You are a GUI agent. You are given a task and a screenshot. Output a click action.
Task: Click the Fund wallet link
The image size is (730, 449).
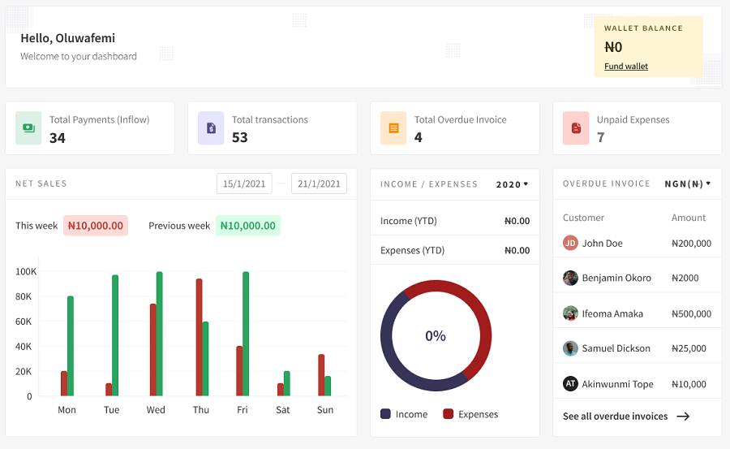625,67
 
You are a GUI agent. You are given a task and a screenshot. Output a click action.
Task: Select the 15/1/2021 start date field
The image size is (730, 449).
244,183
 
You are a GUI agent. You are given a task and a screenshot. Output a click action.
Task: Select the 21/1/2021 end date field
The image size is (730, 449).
319,183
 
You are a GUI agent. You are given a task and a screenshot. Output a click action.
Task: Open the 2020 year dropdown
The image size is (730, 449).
512,184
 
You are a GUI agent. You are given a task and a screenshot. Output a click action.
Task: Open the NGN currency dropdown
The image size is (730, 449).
687,183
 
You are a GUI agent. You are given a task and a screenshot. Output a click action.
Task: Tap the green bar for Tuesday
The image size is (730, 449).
115,335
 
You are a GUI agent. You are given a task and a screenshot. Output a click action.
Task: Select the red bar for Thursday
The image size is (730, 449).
199,337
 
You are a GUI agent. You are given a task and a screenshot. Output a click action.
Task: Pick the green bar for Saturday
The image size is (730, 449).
287,383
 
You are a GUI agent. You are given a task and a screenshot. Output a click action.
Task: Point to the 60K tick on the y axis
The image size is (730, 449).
24,322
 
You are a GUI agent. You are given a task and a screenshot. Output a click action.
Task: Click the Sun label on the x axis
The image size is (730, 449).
325,410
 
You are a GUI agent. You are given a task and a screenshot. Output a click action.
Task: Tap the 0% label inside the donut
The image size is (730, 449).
436,335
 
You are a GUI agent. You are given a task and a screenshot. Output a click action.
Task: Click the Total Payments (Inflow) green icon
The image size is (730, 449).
28,128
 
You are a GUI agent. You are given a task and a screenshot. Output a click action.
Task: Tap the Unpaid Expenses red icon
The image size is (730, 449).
576,128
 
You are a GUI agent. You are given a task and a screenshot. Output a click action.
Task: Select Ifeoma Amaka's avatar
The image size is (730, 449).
570,313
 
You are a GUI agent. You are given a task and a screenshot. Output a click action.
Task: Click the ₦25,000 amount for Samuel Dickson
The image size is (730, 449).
691,348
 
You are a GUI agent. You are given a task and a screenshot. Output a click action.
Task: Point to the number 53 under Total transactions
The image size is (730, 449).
239,138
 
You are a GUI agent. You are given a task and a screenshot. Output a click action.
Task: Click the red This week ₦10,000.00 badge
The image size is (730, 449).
96,226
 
